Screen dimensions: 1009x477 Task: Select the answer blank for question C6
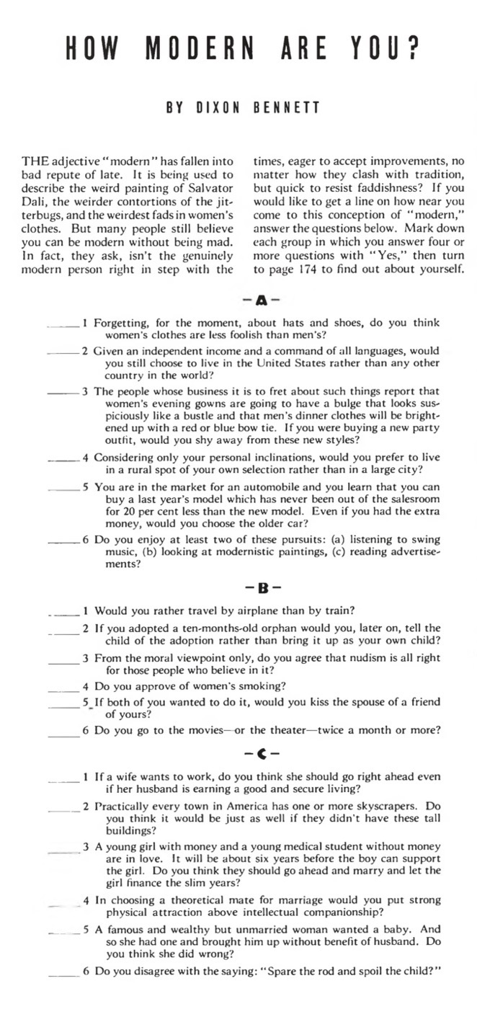[65, 971]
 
